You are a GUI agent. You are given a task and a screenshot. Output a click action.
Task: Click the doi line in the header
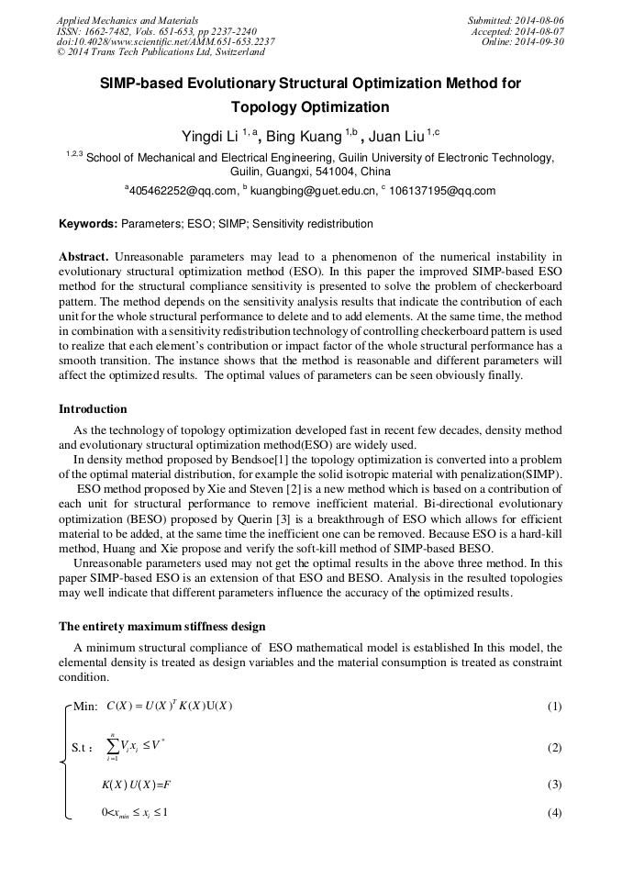tap(165, 41)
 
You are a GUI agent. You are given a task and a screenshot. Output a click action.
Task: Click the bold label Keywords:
tap(88, 224)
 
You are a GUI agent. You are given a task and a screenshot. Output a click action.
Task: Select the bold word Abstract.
tap(85, 256)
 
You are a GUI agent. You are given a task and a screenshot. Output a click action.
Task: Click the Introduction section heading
tap(93, 409)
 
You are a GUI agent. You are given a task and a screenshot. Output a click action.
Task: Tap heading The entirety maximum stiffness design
tap(162, 627)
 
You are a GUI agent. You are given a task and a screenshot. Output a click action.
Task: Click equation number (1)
tap(554, 706)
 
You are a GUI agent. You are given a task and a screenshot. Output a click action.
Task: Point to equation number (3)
tap(554, 785)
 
